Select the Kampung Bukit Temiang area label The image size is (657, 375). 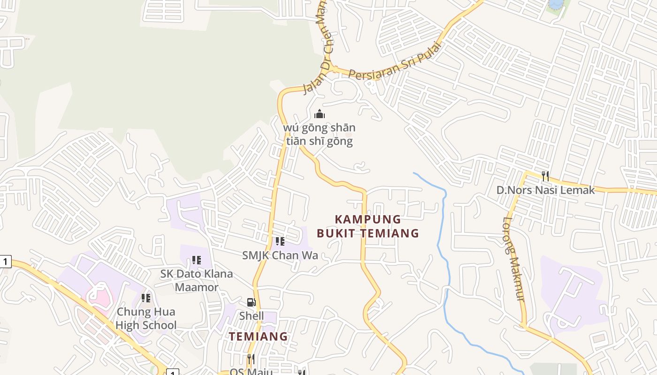pyautogui.click(x=367, y=226)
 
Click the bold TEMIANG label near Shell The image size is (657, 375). pyautogui.click(x=258, y=336)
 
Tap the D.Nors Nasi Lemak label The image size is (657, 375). pyautogui.click(x=545, y=190)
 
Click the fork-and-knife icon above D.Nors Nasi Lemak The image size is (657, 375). pyautogui.click(x=545, y=176)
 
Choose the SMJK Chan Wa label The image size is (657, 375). pyautogui.click(x=280, y=255)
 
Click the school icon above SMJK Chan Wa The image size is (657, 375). pyautogui.click(x=280, y=241)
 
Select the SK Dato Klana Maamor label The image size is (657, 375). pyautogui.click(x=197, y=280)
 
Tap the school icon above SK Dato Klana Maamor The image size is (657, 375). pyautogui.click(x=197, y=260)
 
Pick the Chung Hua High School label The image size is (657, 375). pyautogui.click(x=146, y=318)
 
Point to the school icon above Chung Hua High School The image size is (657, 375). pyautogui.click(x=146, y=298)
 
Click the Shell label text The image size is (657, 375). pyautogui.click(x=252, y=316)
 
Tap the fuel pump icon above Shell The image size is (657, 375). pyautogui.click(x=252, y=302)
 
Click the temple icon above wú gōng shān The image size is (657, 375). pyautogui.click(x=319, y=114)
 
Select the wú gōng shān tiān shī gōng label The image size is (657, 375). pyautogui.click(x=319, y=134)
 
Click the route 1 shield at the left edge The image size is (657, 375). pyautogui.click(x=5, y=262)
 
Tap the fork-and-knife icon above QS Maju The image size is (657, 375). pyautogui.click(x=251, y=359)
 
